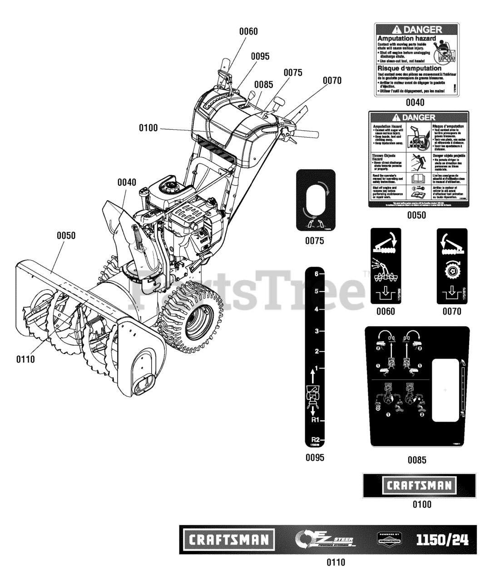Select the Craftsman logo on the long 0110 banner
(x=229, y=540)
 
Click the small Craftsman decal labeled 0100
(x=419, y=485)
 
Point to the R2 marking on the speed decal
(x=315, y=439)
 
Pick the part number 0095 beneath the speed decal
(x=315, y=458)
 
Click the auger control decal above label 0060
(x=386, y=266)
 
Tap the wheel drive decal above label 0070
(x=452, y=266)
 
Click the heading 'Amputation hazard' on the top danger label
(x=406, y=39)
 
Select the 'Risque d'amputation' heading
(x=409, y=68)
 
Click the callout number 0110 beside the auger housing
(x=25, y=359)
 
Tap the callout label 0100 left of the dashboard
(x=148, y=128)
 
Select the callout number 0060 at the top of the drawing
(x=248, y=31)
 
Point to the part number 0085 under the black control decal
(x=416, y=460)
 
